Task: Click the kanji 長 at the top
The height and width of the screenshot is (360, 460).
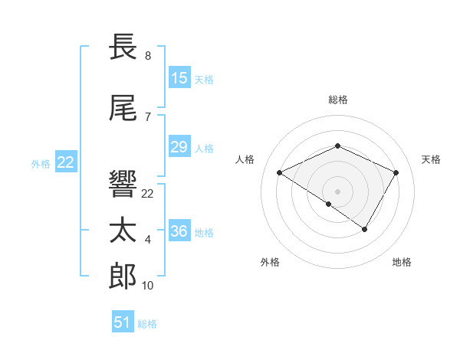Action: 123,48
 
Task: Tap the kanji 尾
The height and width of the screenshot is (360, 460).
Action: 123,109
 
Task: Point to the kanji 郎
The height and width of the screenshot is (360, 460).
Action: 123,277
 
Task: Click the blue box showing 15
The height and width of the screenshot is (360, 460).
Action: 179,78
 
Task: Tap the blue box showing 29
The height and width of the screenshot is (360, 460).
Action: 179,147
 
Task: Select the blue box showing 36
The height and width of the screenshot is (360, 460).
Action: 179,231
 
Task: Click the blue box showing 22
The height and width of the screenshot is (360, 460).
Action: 66,162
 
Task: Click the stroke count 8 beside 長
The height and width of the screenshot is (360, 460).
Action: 148,56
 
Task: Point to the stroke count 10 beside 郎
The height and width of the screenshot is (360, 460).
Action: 148,286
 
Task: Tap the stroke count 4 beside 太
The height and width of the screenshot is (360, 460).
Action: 148,241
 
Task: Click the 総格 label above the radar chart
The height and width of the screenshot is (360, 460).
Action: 337,100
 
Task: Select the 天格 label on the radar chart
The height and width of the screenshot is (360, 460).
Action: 432,159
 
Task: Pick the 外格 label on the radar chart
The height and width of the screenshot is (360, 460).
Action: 270,263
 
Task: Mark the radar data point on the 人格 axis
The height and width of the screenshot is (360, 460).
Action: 280,173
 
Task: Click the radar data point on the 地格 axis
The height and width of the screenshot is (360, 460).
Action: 365,229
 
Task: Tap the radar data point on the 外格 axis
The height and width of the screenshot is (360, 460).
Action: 329,204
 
